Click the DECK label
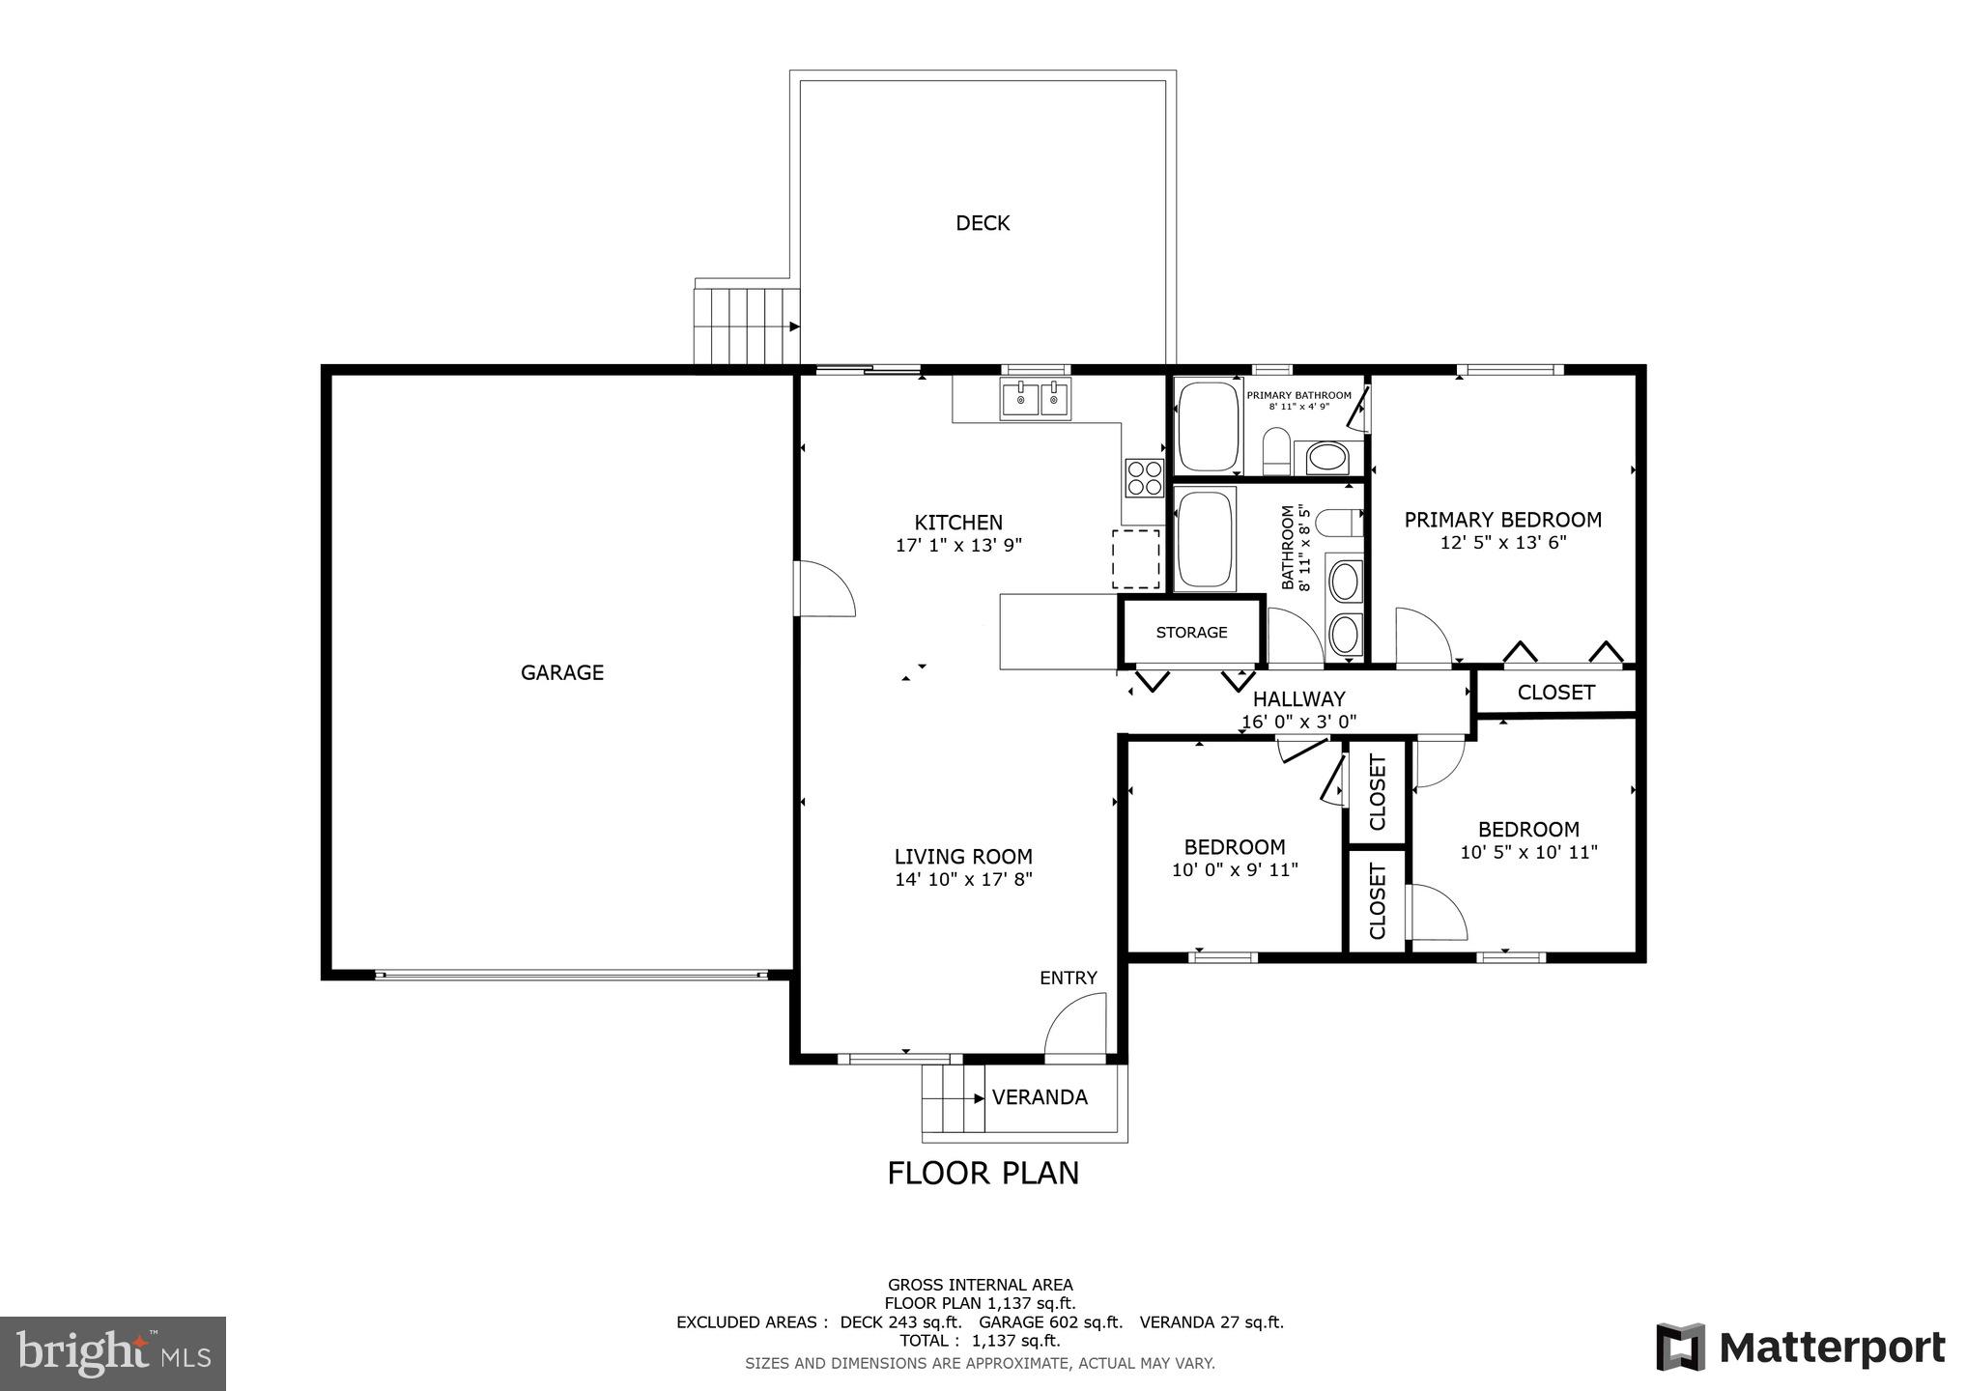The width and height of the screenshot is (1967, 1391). tap(983, 223)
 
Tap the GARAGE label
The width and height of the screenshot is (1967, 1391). tap(561, 672)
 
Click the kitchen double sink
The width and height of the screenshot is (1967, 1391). tap(1036, 399)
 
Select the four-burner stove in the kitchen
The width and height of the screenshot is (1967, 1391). tap(1144, 477)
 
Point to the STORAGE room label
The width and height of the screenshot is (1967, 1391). tap(1191, 633)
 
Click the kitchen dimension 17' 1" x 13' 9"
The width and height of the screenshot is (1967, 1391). tap(958, 546)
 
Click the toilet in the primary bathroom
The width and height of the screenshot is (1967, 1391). tap(1276, 453)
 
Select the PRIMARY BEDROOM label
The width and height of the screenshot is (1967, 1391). tap(1502, 520)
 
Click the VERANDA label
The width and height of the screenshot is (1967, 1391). tap(1040, 1097)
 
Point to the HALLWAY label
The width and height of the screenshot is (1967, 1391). tap(1298, 698)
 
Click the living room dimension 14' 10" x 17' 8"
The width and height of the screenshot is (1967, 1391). tap(963, 880)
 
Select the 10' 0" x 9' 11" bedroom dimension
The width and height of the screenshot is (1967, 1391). tap(1234, 870)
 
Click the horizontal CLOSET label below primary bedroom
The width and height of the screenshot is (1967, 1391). tap(1555, 693)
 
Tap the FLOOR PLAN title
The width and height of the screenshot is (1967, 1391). tap(983, 1173)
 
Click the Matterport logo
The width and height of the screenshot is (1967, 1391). tap(1800, 1348)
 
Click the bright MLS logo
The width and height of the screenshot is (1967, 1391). tap(113, 1352)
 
